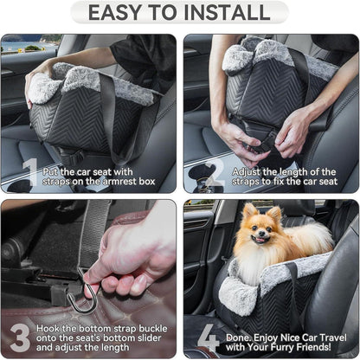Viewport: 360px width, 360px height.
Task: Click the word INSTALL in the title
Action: (x=227, y=12)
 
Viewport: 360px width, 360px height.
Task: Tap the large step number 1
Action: (x=31, y=172)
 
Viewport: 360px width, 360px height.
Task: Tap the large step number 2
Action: (x=215, y=172)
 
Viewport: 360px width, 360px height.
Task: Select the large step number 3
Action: (x=20, y=337)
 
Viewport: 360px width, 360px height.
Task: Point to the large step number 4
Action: (x=209, y=337)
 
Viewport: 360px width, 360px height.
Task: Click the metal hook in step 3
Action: (x=83, y=292)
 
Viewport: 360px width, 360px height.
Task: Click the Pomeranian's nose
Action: (x=261, y=233)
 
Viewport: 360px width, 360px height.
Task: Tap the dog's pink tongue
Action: (x=260, y=240)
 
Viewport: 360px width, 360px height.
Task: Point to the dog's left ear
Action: (x=274, y=214)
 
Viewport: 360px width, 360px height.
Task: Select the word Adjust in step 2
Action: (x=247, y=172)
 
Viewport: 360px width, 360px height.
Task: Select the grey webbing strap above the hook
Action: (x=93, y=234)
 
